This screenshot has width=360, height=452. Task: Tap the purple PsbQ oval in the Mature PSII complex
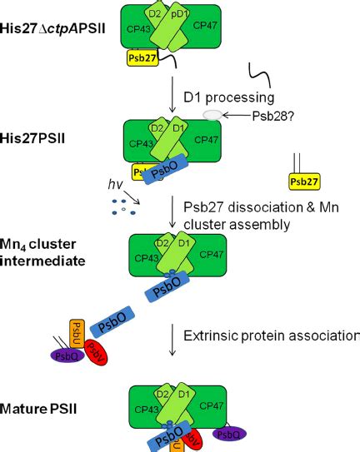click(229, 433)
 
